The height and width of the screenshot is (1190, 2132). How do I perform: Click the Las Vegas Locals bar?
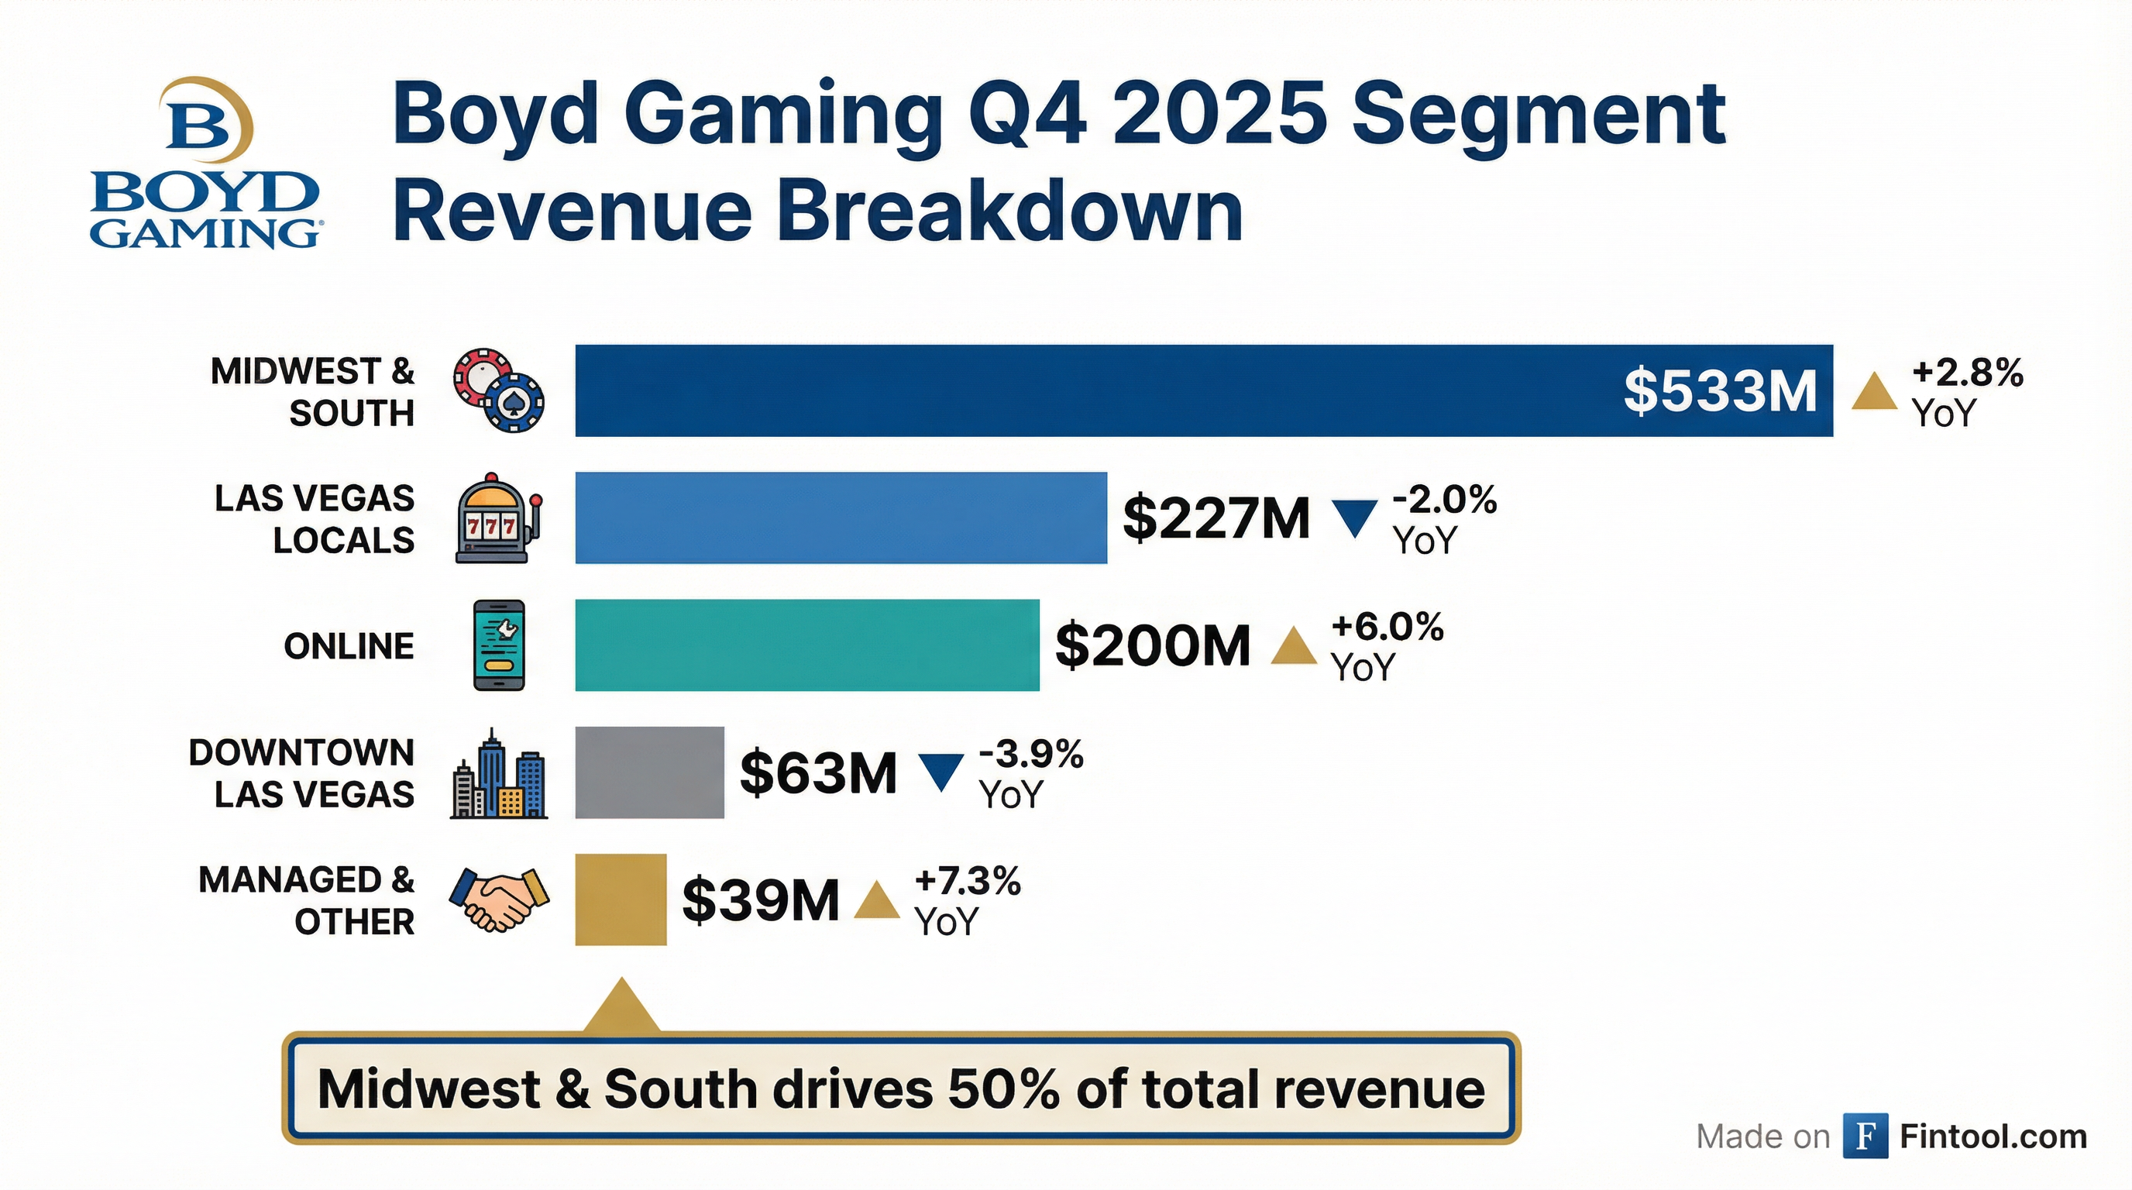pos(840,518)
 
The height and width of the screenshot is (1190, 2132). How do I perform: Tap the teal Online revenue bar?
pos(807,645)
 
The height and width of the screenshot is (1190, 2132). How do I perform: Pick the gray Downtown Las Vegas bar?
pos(649,772)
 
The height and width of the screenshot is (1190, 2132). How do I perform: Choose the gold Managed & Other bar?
pos(621,899)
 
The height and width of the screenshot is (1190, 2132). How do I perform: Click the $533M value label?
pos(1719,390)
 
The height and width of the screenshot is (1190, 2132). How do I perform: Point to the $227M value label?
pos(1216,518)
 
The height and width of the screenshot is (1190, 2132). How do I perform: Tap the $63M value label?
pos(818,772)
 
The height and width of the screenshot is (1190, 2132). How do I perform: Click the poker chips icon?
pos(499,390)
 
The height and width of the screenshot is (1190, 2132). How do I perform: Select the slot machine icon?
pos(497,519)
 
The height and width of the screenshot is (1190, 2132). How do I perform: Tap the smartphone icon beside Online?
pos(499,645)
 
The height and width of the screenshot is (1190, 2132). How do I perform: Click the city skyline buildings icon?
pos(498,775)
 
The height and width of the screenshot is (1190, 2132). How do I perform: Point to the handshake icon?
pos(499,899)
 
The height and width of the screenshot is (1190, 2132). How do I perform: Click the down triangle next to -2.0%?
pos(1355,518)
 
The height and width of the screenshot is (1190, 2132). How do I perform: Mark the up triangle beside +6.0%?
pos(1294,646)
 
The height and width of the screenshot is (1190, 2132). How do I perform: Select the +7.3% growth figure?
pos(968,882)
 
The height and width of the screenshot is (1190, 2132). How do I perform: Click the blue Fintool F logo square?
pos(1865,1136)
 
